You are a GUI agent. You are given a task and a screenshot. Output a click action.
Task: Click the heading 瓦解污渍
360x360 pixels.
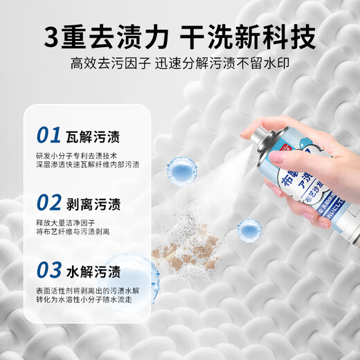(97, 134)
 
